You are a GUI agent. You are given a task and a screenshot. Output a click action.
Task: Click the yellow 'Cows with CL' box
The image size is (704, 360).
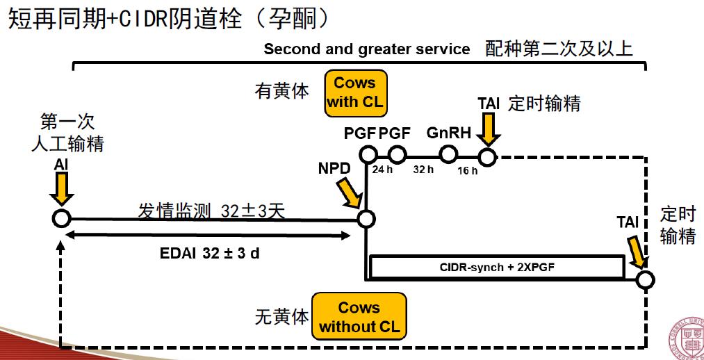click(x=354, y=92)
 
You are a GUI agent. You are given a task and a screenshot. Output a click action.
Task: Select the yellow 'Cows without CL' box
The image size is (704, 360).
click(x=359, y=317)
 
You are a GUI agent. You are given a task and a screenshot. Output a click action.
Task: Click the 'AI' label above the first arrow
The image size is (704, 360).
click(x=61, y=165)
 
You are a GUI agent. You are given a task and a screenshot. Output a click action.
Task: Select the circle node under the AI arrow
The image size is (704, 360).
click(x=61, y=218)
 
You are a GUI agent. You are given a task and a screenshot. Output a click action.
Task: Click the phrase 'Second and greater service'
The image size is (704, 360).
click(x=367, y=49)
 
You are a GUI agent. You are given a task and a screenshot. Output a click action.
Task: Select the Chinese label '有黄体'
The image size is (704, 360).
click(x=282, y=91)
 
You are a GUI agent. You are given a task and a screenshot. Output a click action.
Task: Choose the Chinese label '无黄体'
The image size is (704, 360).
click(x=281, y=317)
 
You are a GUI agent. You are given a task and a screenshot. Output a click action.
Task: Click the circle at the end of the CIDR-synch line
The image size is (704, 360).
click(x=645, y=279)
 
